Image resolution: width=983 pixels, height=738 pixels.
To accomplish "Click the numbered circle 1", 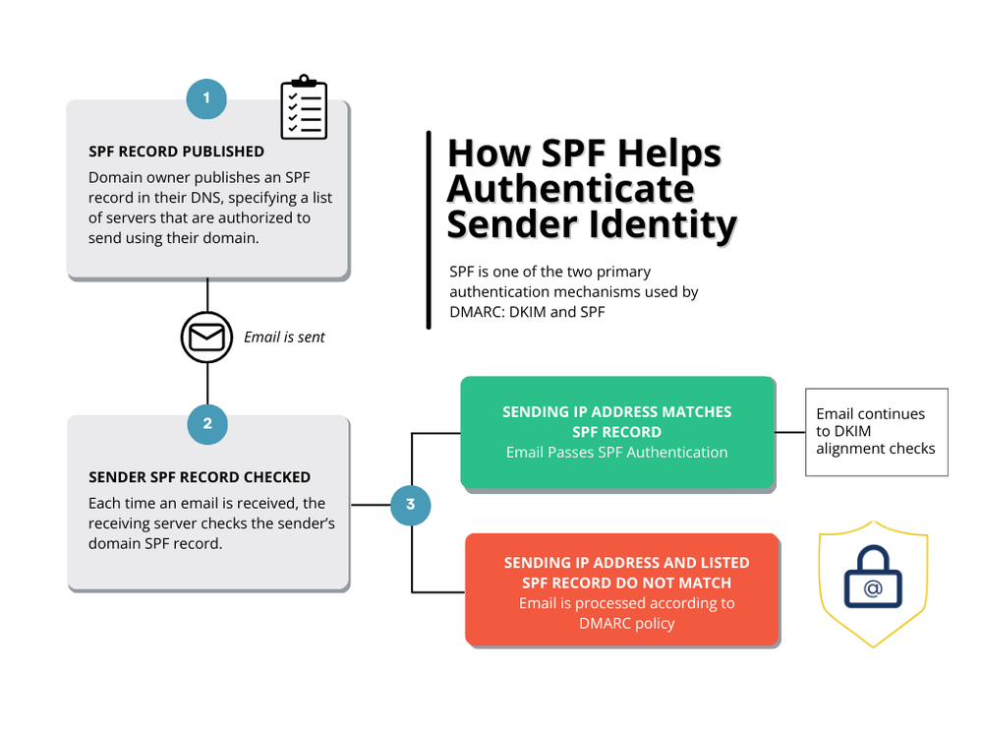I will (x=206, y=98).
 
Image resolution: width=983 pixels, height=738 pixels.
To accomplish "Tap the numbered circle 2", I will (x=207, y=424).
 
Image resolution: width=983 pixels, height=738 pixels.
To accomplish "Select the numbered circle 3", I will (x=410, y=506).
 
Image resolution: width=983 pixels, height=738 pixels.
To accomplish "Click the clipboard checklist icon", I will (x=304, y=107).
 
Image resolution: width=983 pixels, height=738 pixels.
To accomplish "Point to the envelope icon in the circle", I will (x=206, y=338).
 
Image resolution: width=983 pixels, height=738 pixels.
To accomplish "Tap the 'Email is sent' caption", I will (x=284, y=338).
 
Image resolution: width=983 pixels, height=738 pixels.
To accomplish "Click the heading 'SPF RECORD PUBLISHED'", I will (x=176, y=152).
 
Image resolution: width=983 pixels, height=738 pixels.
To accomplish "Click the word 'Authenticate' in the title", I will (x=570, y=188).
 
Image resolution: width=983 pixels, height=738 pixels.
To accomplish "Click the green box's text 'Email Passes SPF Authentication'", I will (x=616, y=453).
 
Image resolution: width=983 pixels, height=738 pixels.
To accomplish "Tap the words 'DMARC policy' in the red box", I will (x=626, y=623).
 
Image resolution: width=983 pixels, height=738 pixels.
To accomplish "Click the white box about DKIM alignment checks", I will (x=877, y=431).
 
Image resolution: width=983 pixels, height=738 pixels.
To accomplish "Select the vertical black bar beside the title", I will (x=430, y=229).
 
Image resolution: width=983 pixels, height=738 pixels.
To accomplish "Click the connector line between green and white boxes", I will (x=790, y=431).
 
